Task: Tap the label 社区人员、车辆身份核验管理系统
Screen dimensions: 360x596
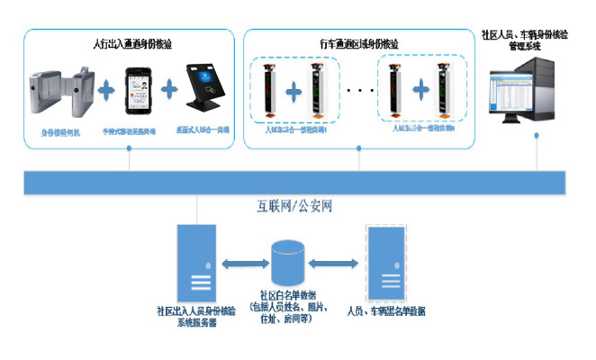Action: pos(525,40)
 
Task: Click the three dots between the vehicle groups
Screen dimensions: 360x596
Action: pos(359,91)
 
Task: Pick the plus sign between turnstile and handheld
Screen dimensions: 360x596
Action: pos(106,91)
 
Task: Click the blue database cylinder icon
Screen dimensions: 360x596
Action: pos(286,262)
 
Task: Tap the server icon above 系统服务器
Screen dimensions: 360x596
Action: pos(197,260)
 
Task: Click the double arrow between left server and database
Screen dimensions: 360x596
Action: pos(242,264)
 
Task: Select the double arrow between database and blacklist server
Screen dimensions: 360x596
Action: pos(333,264)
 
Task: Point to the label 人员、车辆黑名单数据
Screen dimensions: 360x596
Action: pos(385,311)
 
